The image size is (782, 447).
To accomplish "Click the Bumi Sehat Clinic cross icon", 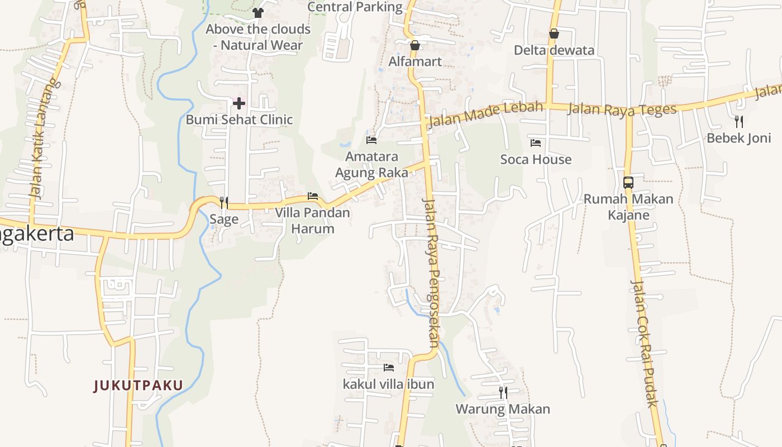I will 239,103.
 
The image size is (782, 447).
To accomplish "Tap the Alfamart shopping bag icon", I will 414,45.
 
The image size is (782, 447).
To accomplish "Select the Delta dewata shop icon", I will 554,34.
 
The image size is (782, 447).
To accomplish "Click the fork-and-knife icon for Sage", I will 224,202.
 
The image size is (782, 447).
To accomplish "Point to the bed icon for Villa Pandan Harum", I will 313,196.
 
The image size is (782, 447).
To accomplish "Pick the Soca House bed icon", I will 536,143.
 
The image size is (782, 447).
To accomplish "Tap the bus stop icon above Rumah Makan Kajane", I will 628,182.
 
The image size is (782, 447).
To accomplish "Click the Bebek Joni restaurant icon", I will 739,122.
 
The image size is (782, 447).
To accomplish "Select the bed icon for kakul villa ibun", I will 389,368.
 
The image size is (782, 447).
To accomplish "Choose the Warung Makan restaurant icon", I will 503,393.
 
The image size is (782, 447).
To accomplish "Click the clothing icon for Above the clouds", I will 258,12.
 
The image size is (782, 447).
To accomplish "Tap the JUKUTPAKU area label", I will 139,386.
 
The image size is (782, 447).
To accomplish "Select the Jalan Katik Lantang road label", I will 44,140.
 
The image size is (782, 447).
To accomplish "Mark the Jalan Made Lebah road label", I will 484,114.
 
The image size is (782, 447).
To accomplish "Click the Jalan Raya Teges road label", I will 622,108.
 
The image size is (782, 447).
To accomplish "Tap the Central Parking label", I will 355,7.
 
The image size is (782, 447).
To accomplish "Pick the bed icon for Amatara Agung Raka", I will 371,140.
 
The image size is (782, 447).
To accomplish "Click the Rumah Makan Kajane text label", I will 628,207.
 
